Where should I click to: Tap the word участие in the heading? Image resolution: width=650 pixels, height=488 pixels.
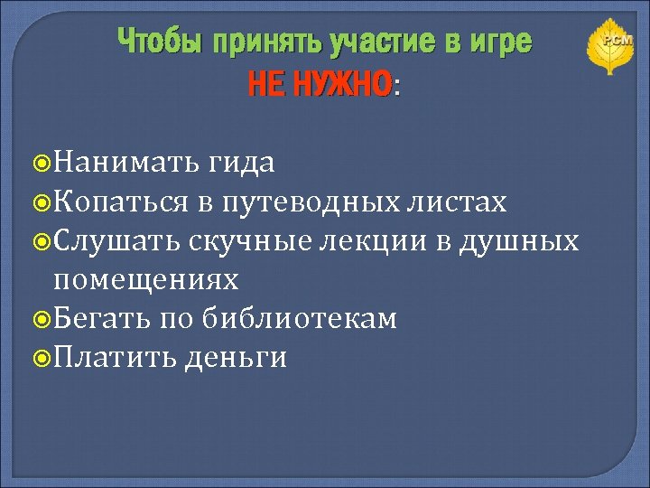point(369,42)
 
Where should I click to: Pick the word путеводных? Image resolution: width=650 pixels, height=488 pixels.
point(307,202)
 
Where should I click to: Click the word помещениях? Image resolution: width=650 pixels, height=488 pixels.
point(146,279)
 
